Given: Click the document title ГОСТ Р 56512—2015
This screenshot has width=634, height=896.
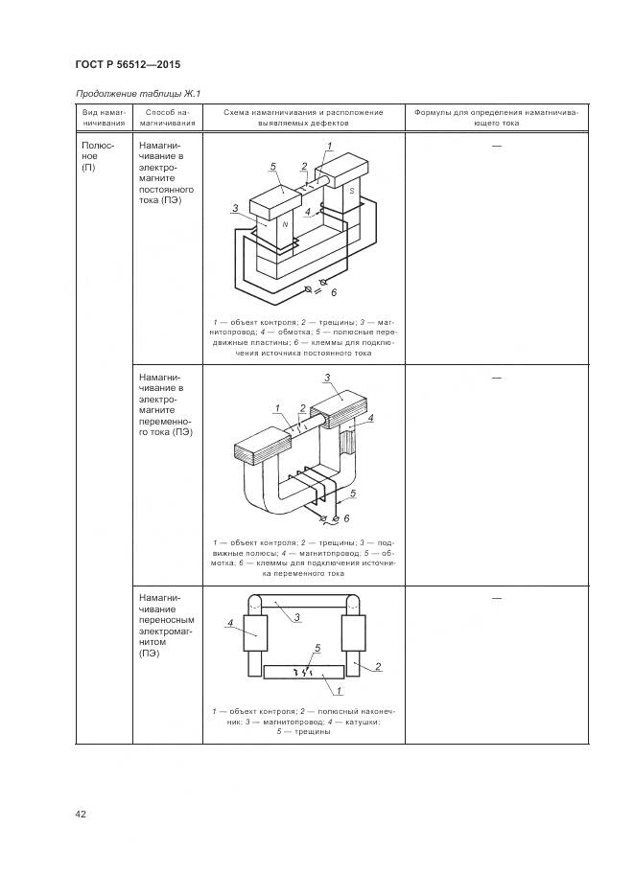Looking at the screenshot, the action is click(128, 64).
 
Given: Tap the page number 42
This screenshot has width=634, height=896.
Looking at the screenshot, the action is click(80, 814).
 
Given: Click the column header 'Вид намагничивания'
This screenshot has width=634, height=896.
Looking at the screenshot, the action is click(104, 118).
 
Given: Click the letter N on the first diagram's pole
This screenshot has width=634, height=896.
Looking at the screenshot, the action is click(285, 225).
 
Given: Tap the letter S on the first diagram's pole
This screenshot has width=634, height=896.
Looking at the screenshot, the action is click(352, 191).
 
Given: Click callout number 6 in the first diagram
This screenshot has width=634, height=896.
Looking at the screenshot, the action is click(334, 292).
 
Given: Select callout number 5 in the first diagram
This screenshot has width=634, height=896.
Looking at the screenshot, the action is click(272, 167).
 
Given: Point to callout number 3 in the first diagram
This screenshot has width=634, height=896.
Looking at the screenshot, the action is click(235, 209).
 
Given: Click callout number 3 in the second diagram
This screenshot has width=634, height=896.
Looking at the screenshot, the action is click(327, 378).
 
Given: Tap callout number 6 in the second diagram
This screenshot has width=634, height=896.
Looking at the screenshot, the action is click(346, 518).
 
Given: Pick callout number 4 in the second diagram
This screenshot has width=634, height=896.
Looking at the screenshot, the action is click(370, 418).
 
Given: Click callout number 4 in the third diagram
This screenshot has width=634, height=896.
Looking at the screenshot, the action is click(230, 624).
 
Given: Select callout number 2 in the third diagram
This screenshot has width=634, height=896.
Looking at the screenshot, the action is click(378, 666).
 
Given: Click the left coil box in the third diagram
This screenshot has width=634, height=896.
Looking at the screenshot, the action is click(255, 633).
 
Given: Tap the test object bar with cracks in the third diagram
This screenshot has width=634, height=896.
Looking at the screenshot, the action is click(303, 672).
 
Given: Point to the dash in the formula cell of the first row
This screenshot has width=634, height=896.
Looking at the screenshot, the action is click(496, 147).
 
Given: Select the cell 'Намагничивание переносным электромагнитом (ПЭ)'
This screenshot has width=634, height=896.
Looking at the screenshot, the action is click(166, 625).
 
